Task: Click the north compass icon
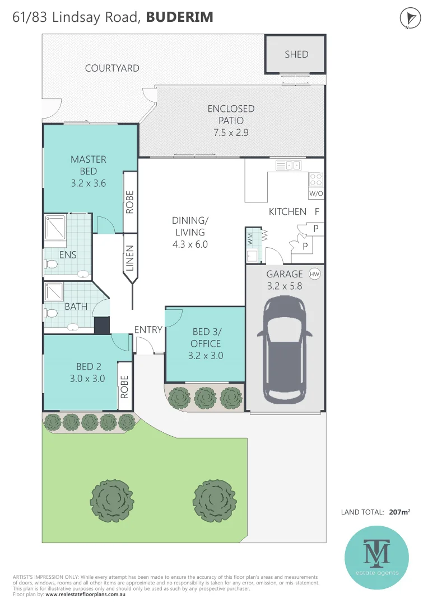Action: pyautogui.click(x=410, y=18)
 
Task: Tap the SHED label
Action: pyautogui.click(x=296, y=54)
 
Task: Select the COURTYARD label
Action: pyautogui.click(x=112, y=68)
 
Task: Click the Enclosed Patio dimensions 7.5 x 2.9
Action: pyautogui.click(x=231, y=133)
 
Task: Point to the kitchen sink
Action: pyautogui.click(x=290, y=165)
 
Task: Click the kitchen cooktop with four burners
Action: pyautogui.click(x=316, y=179)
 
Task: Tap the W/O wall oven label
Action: pyautogui.click(x=316, y=194)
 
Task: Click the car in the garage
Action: pyautogui.click(x=285, y=349)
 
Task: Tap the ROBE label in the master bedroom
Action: pyautogui.click(x=129, y=202)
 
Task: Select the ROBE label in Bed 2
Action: pyautogui.click(x=124, y=386)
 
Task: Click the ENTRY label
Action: pyautogui.click(x=148, y=330)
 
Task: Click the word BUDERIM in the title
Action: pyautogui.click(x=179, y=17)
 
